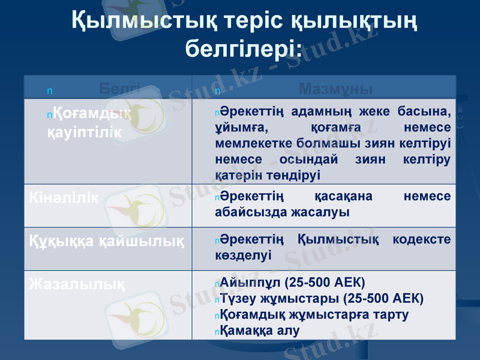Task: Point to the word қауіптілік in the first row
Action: [83, 132]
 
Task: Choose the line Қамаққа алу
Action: [260, 330]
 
